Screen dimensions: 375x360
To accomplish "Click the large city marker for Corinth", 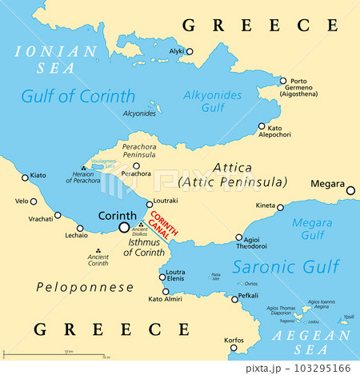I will click(x=124, y=227).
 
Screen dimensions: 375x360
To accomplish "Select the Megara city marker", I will click(x=350, y=190).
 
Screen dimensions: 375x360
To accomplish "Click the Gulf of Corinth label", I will click(x=78, y=97).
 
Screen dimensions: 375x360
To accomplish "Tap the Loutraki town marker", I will click(x=150, y=204).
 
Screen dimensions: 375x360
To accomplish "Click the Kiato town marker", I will click(x=24, y=176).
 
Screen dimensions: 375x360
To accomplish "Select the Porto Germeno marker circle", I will click(x=282, y=80).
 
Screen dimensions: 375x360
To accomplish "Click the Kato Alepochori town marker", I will click(x=262, y=126).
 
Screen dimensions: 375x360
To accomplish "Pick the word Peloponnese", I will click(x=78, y=285).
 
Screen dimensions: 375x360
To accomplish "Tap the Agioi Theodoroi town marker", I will click(x=239, y=237).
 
